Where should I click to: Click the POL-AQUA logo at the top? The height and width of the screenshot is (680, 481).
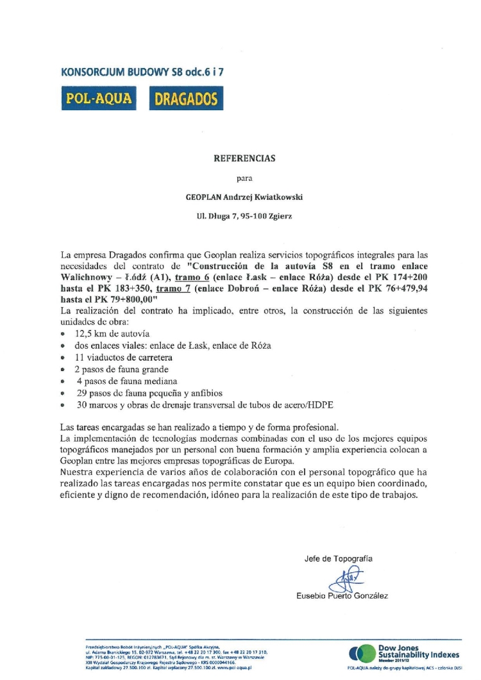(x=97, y=98)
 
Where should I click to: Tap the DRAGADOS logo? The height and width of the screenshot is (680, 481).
(x=185, y=98)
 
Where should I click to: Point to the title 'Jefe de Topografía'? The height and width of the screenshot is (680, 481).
(x=338, y=558)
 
